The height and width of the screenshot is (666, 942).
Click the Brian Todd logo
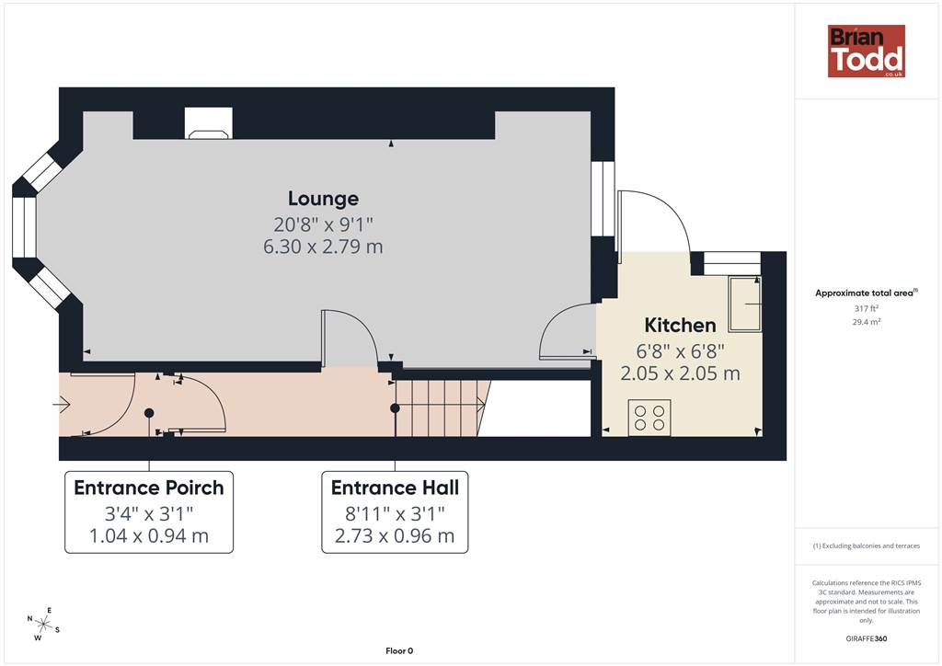pyautogui.click(x=867, y=51)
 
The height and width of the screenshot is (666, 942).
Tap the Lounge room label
pyautogui.click(x=323, y=198)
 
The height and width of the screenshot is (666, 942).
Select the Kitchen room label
pyautogui.click(x=680, y=325)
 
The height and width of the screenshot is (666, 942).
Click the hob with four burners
pyautogui.click(x=649, y=418)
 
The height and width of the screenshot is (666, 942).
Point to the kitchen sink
pyautogui.click(x=745, y=304)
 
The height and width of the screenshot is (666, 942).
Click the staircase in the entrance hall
pyautogui.click(x=441, y=408)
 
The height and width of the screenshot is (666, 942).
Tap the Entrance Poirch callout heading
pyautogui.click(x=149, y=488)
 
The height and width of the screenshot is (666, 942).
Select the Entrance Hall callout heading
pyautogui.click(x=395, y=488)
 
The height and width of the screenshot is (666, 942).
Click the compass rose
pyautogui.click(x=43, y=625)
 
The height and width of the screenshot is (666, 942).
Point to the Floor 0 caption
pyautogui.click(x=399, y=651)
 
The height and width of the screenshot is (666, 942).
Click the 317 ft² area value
pyautogui.click(x=867, y=308)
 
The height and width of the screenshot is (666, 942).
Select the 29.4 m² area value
pyautogui.click(x=867, y=322)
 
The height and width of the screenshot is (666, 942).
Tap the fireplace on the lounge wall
pyautogui.click(x=209, y=123)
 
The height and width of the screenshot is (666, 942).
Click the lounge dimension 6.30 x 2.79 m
pyautogui.click(x=323, y=247)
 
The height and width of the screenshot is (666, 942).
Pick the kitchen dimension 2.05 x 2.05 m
pyautogui.click(x=680, y=373)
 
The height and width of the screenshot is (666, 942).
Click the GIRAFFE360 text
pyautogui.click(x=867, y=638)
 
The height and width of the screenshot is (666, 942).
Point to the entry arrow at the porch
pyautogui.click(x=63, y=405)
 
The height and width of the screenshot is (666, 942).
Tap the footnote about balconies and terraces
pyautogui.click(x=867, y=545)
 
